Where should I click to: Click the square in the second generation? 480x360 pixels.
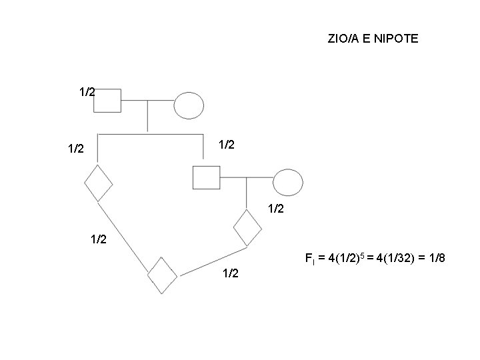(205, 177)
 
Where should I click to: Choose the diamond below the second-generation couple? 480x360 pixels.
(247, 228)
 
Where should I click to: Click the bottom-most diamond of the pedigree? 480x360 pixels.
(162, 275)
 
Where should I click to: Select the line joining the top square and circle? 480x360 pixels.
(148, 102)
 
